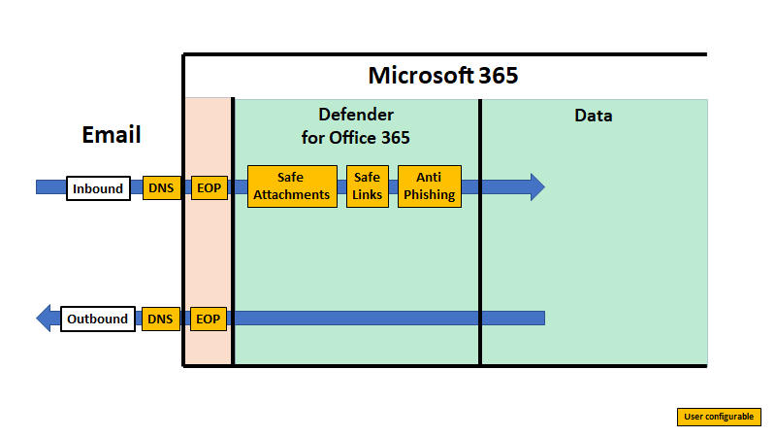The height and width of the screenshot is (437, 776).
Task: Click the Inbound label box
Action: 98,188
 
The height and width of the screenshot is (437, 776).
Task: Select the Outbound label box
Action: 98,319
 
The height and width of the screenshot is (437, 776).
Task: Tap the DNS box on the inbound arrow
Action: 160,188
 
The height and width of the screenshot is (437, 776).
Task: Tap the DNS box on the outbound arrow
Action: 160,319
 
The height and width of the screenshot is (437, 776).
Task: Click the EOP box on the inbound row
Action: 209,188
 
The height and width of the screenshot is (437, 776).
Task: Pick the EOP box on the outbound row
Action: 209,319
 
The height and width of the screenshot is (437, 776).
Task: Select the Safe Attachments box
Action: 291,186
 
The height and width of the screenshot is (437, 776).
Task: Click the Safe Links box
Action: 368,186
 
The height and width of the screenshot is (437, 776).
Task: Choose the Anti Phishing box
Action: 429,186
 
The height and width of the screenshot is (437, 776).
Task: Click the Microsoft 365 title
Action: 443,76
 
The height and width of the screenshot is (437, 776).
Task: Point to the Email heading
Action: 112,135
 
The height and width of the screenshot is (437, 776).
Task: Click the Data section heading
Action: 594,116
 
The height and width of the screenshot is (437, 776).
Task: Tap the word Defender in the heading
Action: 356,115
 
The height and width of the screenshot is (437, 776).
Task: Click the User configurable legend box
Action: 719,417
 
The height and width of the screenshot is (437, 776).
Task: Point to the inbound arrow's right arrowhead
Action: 536,186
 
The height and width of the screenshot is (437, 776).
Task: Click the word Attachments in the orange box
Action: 291,194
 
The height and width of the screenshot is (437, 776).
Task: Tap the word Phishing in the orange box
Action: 429,194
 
